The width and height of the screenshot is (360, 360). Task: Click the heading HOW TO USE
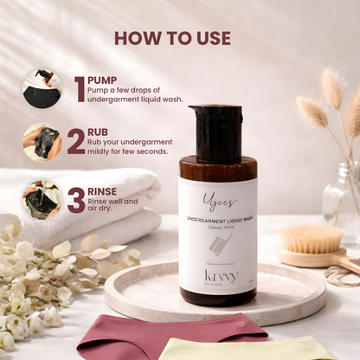(x=172, y=38)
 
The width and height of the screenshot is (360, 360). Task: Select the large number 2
(x=76, y=141)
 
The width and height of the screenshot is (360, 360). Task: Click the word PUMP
(x=103, y=80)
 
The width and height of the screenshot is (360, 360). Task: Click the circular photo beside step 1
(x=41, y=88)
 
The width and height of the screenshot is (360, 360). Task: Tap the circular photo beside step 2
(x=41, y=142)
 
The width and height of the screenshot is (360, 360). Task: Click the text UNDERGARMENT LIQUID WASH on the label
(x=217, y=221)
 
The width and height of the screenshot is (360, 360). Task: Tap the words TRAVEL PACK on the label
(x=217, y=228)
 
